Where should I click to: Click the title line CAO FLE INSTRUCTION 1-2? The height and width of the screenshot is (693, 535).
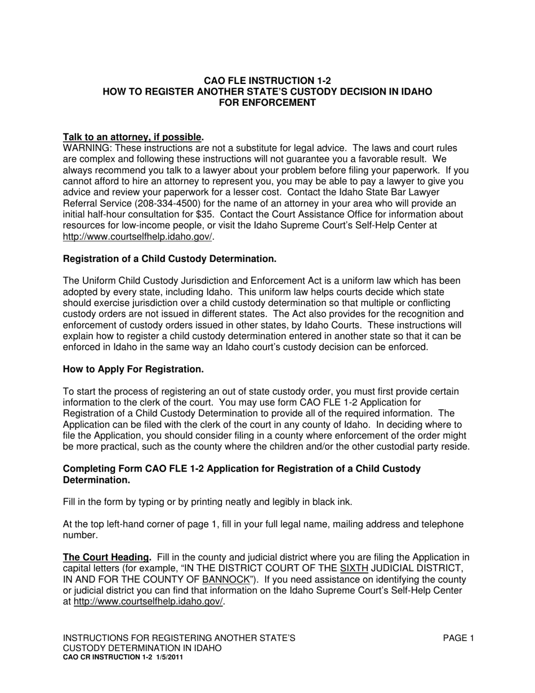[x=267, y=81]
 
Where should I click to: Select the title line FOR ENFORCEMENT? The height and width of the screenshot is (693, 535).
[x=267, y=102]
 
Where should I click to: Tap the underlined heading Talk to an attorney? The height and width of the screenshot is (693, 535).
[x=132, y=137]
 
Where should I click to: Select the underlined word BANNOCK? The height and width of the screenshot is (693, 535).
[x=225, y=580]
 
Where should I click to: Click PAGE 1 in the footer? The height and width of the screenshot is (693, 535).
[x=458, y=638]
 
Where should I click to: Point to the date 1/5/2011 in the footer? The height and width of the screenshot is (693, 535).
[x=168, y=657]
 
